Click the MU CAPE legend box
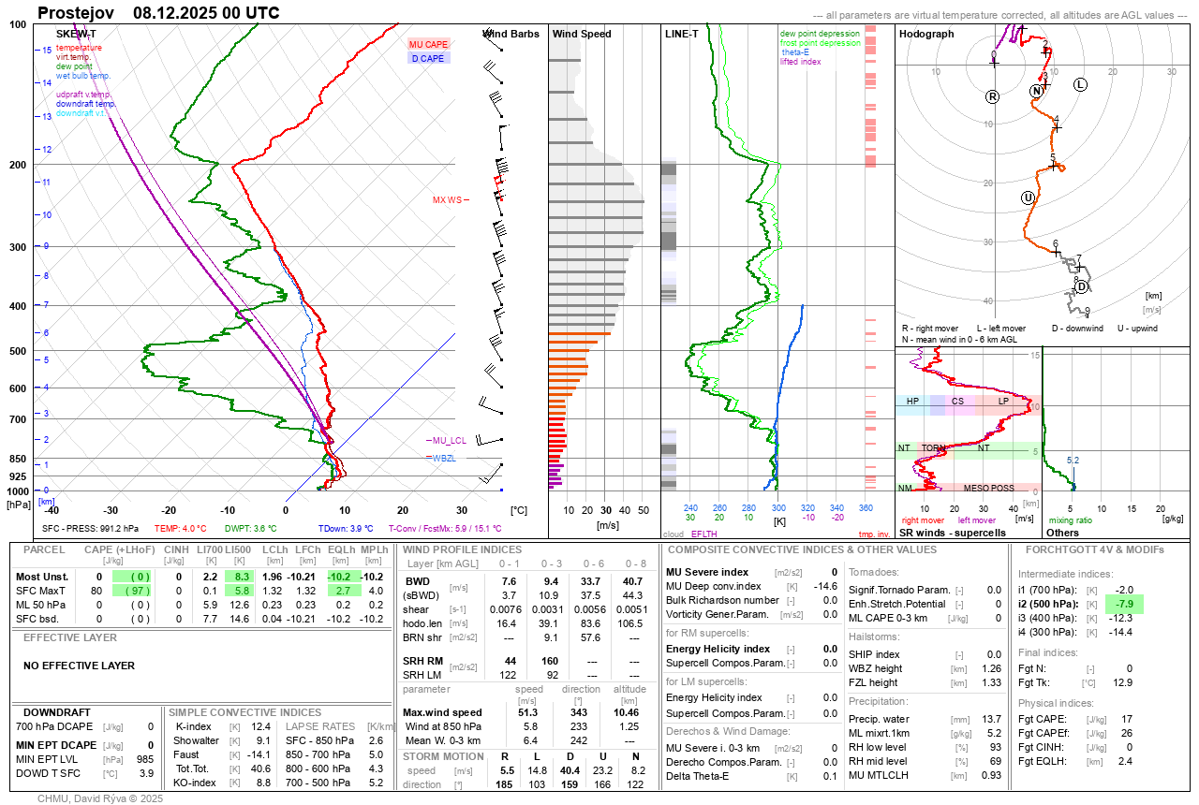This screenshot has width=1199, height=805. pos(428,45)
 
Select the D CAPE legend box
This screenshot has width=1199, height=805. pos(428,58)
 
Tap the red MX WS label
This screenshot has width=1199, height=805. pos(447,200)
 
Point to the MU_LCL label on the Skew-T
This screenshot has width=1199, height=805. pos(449,440)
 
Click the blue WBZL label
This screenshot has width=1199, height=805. pos(443,458)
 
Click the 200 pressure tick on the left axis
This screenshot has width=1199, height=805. pos(18,165)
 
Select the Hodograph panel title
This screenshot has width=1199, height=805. pos(926,34)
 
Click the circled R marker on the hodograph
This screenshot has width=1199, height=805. pos(993,96)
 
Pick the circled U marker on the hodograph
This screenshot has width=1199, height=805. pos(1028,198)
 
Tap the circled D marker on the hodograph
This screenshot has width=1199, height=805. pos(1082,286)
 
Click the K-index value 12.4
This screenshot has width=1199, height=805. pos(261,726)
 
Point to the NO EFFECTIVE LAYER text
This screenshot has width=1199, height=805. pos(79,666)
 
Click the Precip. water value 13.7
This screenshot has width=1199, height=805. pos(991,719)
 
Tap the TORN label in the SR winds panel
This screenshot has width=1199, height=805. pos(933,448)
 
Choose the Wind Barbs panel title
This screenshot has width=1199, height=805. pos(511,34)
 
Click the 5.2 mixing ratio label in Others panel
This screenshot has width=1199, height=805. pos(1073,460)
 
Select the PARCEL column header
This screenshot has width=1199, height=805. pos(44,549)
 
